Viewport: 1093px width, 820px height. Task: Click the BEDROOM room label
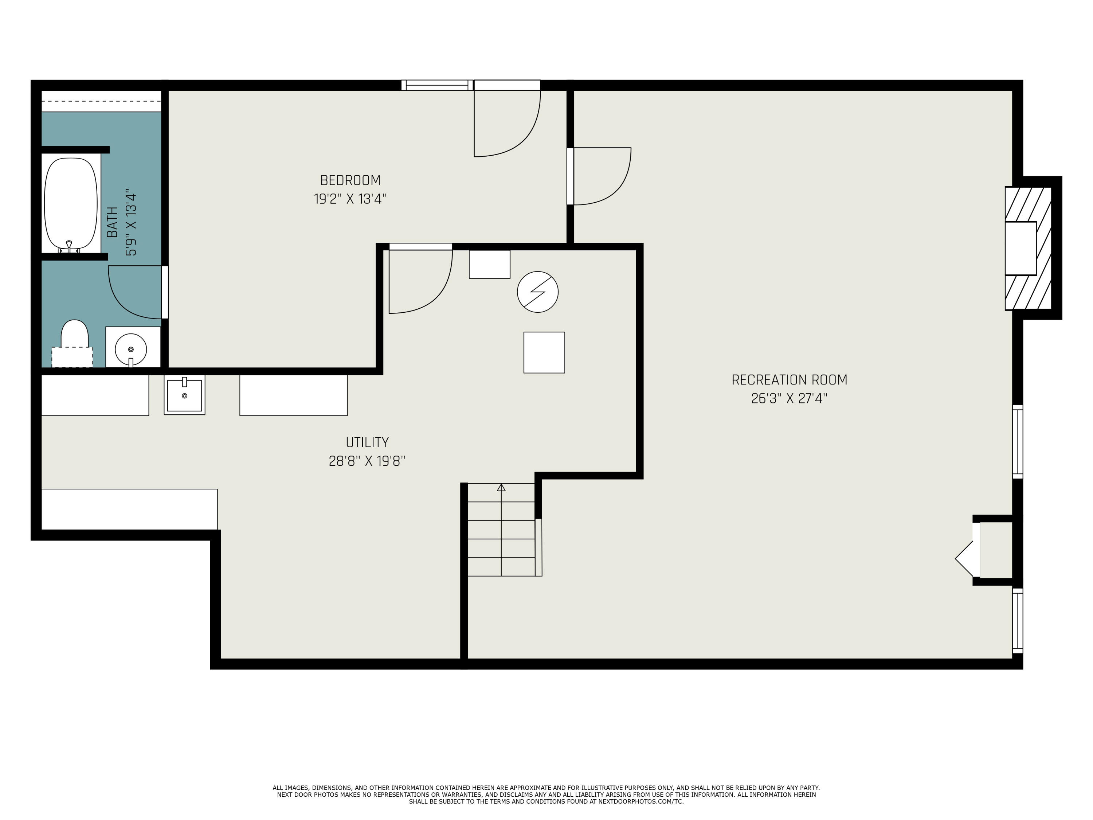[350, 180]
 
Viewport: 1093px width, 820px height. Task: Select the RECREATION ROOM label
[789, 380]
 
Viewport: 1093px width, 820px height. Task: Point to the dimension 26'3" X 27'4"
[789, 399]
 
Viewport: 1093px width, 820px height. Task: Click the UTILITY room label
[367, 442]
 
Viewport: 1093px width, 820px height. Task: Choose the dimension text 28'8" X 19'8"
[367, 461]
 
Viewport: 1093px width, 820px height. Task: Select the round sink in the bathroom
[131, 348]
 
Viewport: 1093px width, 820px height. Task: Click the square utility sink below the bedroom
[184, 395]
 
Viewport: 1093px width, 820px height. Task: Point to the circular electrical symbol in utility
[538, 292]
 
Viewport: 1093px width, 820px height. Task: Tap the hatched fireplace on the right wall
[1028, 248]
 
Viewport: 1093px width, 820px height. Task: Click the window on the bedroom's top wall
[437, 85]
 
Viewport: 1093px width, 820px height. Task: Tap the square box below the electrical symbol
[544, 352]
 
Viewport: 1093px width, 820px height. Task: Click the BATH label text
[113, 222]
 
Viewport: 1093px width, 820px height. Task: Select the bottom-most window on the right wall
[1017, 621]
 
